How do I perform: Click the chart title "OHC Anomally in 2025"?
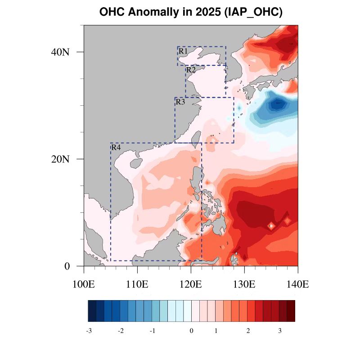pyautogui.click(x=191, y=12)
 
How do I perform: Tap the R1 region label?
pyautogui.click(x=183, y=51)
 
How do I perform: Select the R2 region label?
pyautogui.click(x=191, y=70)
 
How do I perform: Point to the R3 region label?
pyautogui.click(x=180, y=102)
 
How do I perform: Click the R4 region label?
pyautogui.click(x=116, y=148)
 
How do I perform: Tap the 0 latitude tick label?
pyautogui.click(x=67, y=266)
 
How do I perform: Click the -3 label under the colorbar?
pyautogui.click(x=89, y=331)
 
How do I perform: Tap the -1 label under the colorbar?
pyautogui.click(x=152, y=331)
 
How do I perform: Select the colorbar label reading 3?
pyautogui.click(x=279, y=331)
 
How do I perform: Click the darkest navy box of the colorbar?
pyautogui.click(x=92, y=311)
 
